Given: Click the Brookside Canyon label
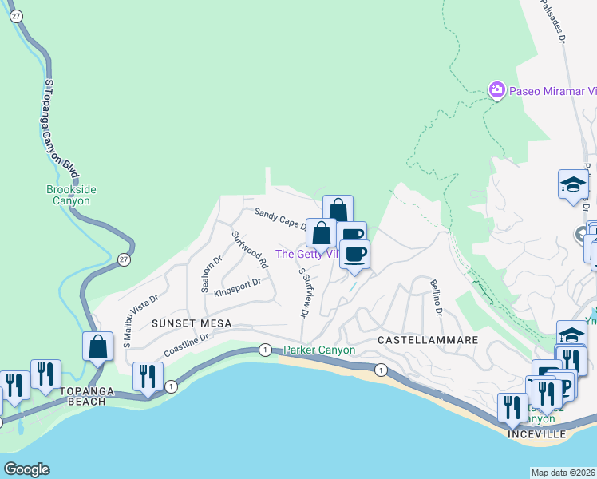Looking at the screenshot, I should click(69, 195).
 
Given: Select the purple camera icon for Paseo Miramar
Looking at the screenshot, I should click(497, 89).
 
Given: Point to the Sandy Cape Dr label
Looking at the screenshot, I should click(280, 220).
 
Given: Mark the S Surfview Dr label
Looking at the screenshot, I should click(304, 291).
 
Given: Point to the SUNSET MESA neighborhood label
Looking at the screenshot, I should click(192, 323).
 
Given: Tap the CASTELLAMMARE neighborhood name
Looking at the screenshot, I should click(427, 340).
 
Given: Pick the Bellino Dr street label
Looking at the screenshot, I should click(435, 297).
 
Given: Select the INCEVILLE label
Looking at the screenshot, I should click(537, 433).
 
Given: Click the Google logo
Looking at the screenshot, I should click(26, 469).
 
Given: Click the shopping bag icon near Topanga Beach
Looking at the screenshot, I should click(97, 347).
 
